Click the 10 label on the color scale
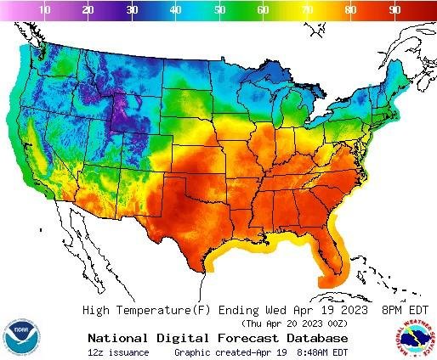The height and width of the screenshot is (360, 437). [x=44, y=9]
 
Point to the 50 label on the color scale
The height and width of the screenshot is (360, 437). [x=220, y=9]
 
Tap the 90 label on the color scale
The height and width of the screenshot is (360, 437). [x=395, y=9]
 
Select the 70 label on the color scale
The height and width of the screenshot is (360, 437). [x=308, y=9]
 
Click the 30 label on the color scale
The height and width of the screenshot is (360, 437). [x=132, y=9]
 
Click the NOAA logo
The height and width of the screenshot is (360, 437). [x=21, y=338]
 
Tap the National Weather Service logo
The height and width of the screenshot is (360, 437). [x=413, y=338]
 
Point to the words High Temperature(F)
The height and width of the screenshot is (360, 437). [x=148, y=310]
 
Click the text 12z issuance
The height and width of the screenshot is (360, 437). [x=118, y=352]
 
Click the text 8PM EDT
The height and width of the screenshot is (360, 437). [x=404, y=310]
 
